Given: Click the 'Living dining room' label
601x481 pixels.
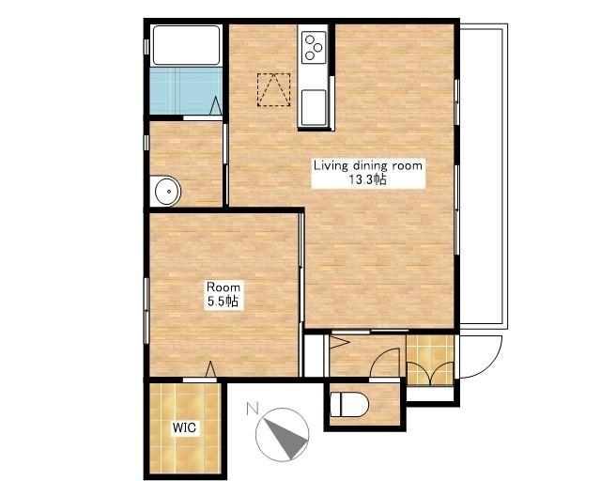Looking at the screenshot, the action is point(368,165).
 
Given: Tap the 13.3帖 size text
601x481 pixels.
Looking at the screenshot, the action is point(367,179).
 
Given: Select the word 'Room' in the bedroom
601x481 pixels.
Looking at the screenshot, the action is point(223,287).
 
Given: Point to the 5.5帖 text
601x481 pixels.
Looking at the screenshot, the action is point(223,302).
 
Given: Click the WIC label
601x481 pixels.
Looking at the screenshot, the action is point(184,427).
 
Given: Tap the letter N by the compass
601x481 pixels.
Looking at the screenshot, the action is point(252,409).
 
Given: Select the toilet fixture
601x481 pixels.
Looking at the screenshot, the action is point(349,404).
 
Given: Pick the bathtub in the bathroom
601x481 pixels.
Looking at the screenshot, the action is point(186,45).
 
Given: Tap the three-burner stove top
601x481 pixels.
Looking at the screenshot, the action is point(314,47).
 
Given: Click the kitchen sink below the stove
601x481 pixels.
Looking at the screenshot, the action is point(314,107).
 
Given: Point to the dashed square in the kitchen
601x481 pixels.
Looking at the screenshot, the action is point(273,90).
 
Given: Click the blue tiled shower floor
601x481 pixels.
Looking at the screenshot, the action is point(186,91).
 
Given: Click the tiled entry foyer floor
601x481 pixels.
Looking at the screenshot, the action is point(430,360).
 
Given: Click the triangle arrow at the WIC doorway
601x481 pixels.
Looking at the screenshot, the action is point(210,369).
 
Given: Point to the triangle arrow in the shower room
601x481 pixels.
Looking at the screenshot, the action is point(216,105).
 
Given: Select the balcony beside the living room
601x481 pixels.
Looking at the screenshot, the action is point(484,177).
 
